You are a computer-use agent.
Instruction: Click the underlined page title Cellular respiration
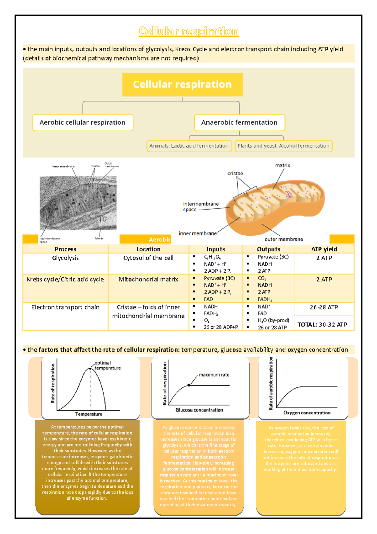[x=188, y=31]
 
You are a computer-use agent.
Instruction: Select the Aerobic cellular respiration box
[x=83, y=122]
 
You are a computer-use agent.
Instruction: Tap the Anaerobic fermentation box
[x=239, y=122]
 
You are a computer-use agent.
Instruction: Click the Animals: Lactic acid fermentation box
[x=189, y=146]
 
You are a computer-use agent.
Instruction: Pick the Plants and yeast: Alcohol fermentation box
[x=283, y=146]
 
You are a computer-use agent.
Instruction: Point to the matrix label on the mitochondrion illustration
[x=282, y=165]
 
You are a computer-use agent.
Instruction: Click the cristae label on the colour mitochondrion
[x=235, y=173]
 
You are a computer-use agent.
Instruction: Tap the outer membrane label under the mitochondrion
[x=284, y=239]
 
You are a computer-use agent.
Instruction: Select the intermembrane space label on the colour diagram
[x=200, y=207]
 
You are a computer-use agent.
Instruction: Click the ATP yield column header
[x=324, y=249]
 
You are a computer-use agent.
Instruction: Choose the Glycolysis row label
[x=65, y=258]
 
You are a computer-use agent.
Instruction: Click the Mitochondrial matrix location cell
[x=148, y=279]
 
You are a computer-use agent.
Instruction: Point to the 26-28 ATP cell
[x=324, y=307]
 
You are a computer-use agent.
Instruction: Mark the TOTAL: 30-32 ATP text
[x=322, y=325]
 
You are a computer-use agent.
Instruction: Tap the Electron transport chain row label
[x=65, y=307]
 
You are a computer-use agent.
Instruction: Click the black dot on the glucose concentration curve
[x=189, y=385]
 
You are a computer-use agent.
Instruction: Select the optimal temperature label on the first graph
[x=107, y=365]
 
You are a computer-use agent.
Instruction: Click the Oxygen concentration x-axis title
[x=307, y=413]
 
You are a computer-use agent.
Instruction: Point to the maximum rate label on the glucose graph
[x=214, y=375]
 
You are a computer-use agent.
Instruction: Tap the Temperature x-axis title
[x=89, y=414]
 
